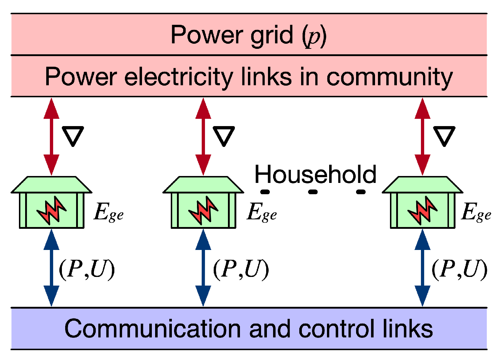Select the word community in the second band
389,77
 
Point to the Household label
315,175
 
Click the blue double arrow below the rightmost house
422,268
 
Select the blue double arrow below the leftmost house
51,268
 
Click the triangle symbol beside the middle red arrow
223,136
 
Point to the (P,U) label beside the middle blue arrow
241,270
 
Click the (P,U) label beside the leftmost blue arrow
87,270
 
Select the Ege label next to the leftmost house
109,212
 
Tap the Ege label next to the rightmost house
476,212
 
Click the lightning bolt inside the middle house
203,210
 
